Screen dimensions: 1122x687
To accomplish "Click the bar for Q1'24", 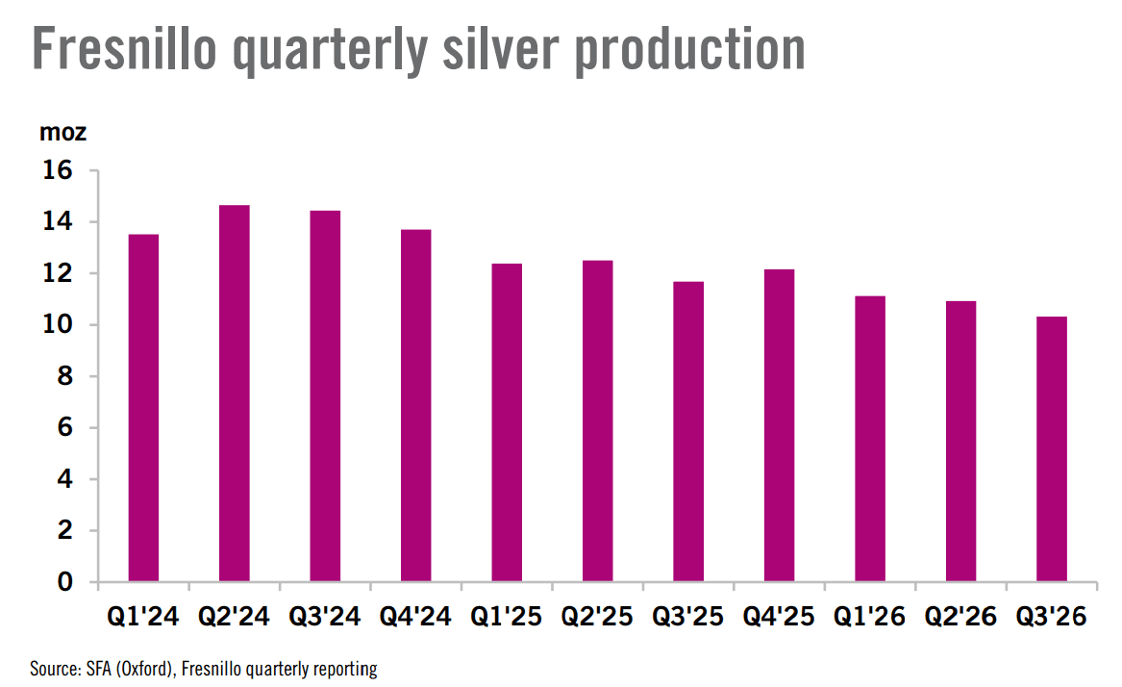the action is (x=143, y=408).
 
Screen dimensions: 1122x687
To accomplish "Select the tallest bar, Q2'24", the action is (x=234, y=394).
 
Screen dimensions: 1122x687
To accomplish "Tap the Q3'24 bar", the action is (x=325, y=395).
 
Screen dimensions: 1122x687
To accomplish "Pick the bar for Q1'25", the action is (x=507, y=422).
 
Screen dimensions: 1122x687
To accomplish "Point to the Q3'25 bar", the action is (x=688, y=431).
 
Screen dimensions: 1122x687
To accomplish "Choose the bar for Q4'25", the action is (x=779, y=425).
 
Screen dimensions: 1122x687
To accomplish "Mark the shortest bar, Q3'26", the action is (x=1052, y=449).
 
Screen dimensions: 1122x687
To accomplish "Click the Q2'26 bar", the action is (x=961, y=442).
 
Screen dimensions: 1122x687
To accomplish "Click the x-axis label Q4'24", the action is (x=415, y=616).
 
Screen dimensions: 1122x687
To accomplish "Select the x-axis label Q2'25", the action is (x=597, y=616).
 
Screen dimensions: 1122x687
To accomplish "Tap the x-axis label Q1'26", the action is (x=870, y=616).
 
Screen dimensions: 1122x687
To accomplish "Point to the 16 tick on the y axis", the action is (x=58, y=169).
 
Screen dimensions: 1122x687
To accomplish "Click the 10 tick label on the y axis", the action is (x=58, y=324).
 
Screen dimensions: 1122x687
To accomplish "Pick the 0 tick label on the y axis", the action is (x=65, y=582).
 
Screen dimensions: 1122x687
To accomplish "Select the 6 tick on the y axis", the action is (x=65, y=427).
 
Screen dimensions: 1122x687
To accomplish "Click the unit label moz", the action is (x=62, y=133).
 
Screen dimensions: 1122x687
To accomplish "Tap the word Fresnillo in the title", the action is (x=125, y=49).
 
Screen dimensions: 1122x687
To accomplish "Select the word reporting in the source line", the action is (x=345, y=669).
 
